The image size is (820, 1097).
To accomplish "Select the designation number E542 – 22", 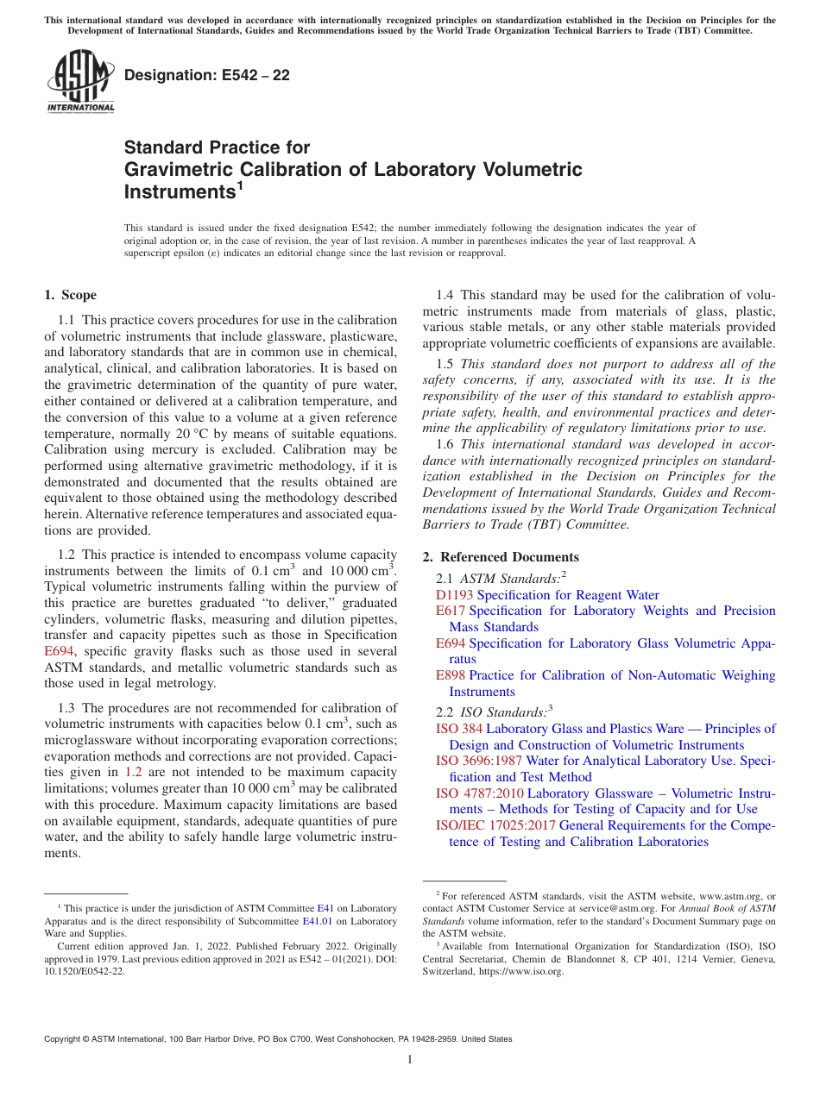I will [207, 75].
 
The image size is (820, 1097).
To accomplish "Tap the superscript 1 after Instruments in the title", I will [240, 185].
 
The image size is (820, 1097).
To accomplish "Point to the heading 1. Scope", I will [70, 295].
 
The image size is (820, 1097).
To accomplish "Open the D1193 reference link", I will [455, 595].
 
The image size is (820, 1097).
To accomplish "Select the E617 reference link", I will [451, 611].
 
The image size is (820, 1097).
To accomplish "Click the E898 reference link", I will [451, 675].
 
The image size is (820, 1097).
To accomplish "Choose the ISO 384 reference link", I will [459, 729].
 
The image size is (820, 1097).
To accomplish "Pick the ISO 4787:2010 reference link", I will [479, 793].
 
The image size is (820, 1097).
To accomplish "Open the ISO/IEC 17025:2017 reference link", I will [495, 825].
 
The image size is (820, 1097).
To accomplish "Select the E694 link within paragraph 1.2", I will [59, 652].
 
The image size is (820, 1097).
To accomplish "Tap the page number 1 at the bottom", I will [410, 1060].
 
